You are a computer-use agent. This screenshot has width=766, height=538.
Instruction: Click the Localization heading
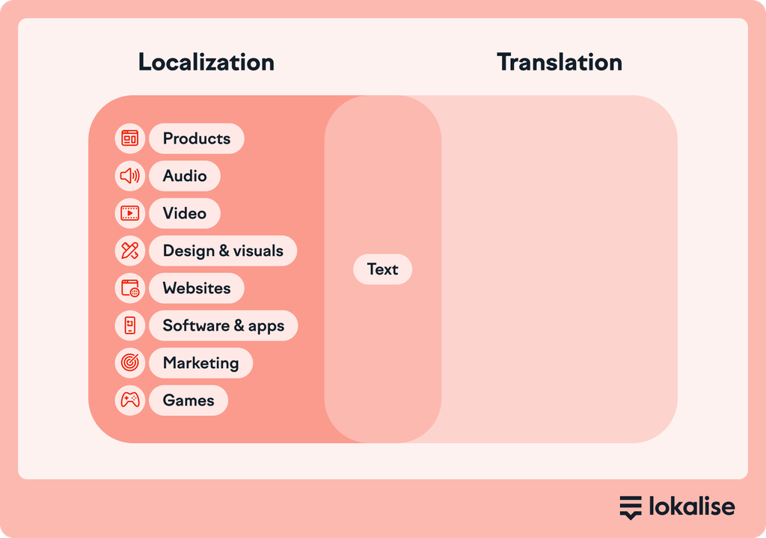(206, 62)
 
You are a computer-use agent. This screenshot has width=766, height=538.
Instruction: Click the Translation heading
(559, 62)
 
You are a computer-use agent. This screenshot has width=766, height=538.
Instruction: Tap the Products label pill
(197, 138)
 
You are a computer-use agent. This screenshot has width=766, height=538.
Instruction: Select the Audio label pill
(185, 176)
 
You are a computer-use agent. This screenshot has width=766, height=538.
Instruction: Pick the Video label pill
(185, 213)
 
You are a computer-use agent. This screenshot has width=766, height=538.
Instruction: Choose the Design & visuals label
(223, 251)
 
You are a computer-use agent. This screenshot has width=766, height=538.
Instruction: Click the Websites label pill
(197, 288)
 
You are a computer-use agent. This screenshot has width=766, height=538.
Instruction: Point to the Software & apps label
(224, 325)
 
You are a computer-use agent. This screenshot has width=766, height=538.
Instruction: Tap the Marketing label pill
(200, 363)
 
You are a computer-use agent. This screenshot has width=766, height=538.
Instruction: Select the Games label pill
(189, 400)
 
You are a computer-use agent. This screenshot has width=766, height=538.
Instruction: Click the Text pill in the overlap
(382, 269)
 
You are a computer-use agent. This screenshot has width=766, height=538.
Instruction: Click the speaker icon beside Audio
(130, 176)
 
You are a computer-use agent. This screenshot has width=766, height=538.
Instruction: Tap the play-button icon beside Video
(130, 213)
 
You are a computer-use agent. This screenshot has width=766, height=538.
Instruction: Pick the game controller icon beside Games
(130, 400)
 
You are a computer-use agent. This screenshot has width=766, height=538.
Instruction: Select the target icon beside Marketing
(130, 363)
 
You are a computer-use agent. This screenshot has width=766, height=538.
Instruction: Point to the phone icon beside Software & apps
(130, 325)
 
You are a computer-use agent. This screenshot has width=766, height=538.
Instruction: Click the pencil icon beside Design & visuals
(130, 251)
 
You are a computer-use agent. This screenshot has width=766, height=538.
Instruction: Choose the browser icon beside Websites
(130, 288)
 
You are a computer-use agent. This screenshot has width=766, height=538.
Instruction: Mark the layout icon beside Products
(130, 138)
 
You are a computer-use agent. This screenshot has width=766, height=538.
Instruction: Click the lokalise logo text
(692, 507)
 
